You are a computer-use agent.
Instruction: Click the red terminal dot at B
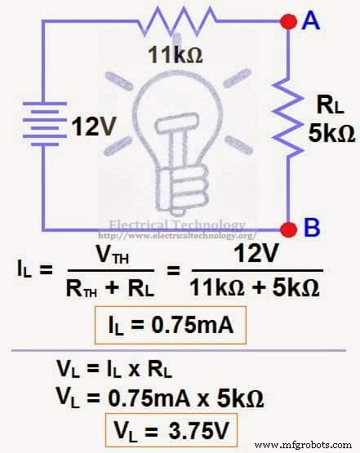click(287, 229)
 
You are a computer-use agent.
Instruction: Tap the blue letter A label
click(310, 22)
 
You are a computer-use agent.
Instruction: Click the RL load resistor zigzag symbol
click(288, 124)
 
